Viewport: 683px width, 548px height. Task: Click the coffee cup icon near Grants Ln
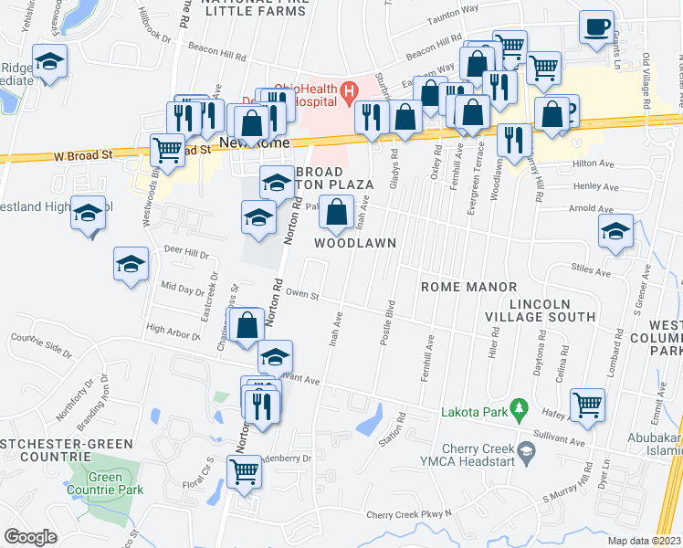(x=596, y=27)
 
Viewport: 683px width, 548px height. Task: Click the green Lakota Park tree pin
(x=520, y=406)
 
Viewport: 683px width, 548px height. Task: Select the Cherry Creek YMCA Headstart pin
(x=526, y=450)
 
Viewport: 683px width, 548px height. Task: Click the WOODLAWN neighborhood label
(x=355, y=243)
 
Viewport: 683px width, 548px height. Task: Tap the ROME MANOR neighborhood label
(x=468, y=287)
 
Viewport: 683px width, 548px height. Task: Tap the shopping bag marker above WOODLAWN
(x=337, y=213)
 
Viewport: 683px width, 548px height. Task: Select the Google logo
(x=30, y=537)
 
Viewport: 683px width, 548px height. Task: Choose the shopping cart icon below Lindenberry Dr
(x=244, y=471)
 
